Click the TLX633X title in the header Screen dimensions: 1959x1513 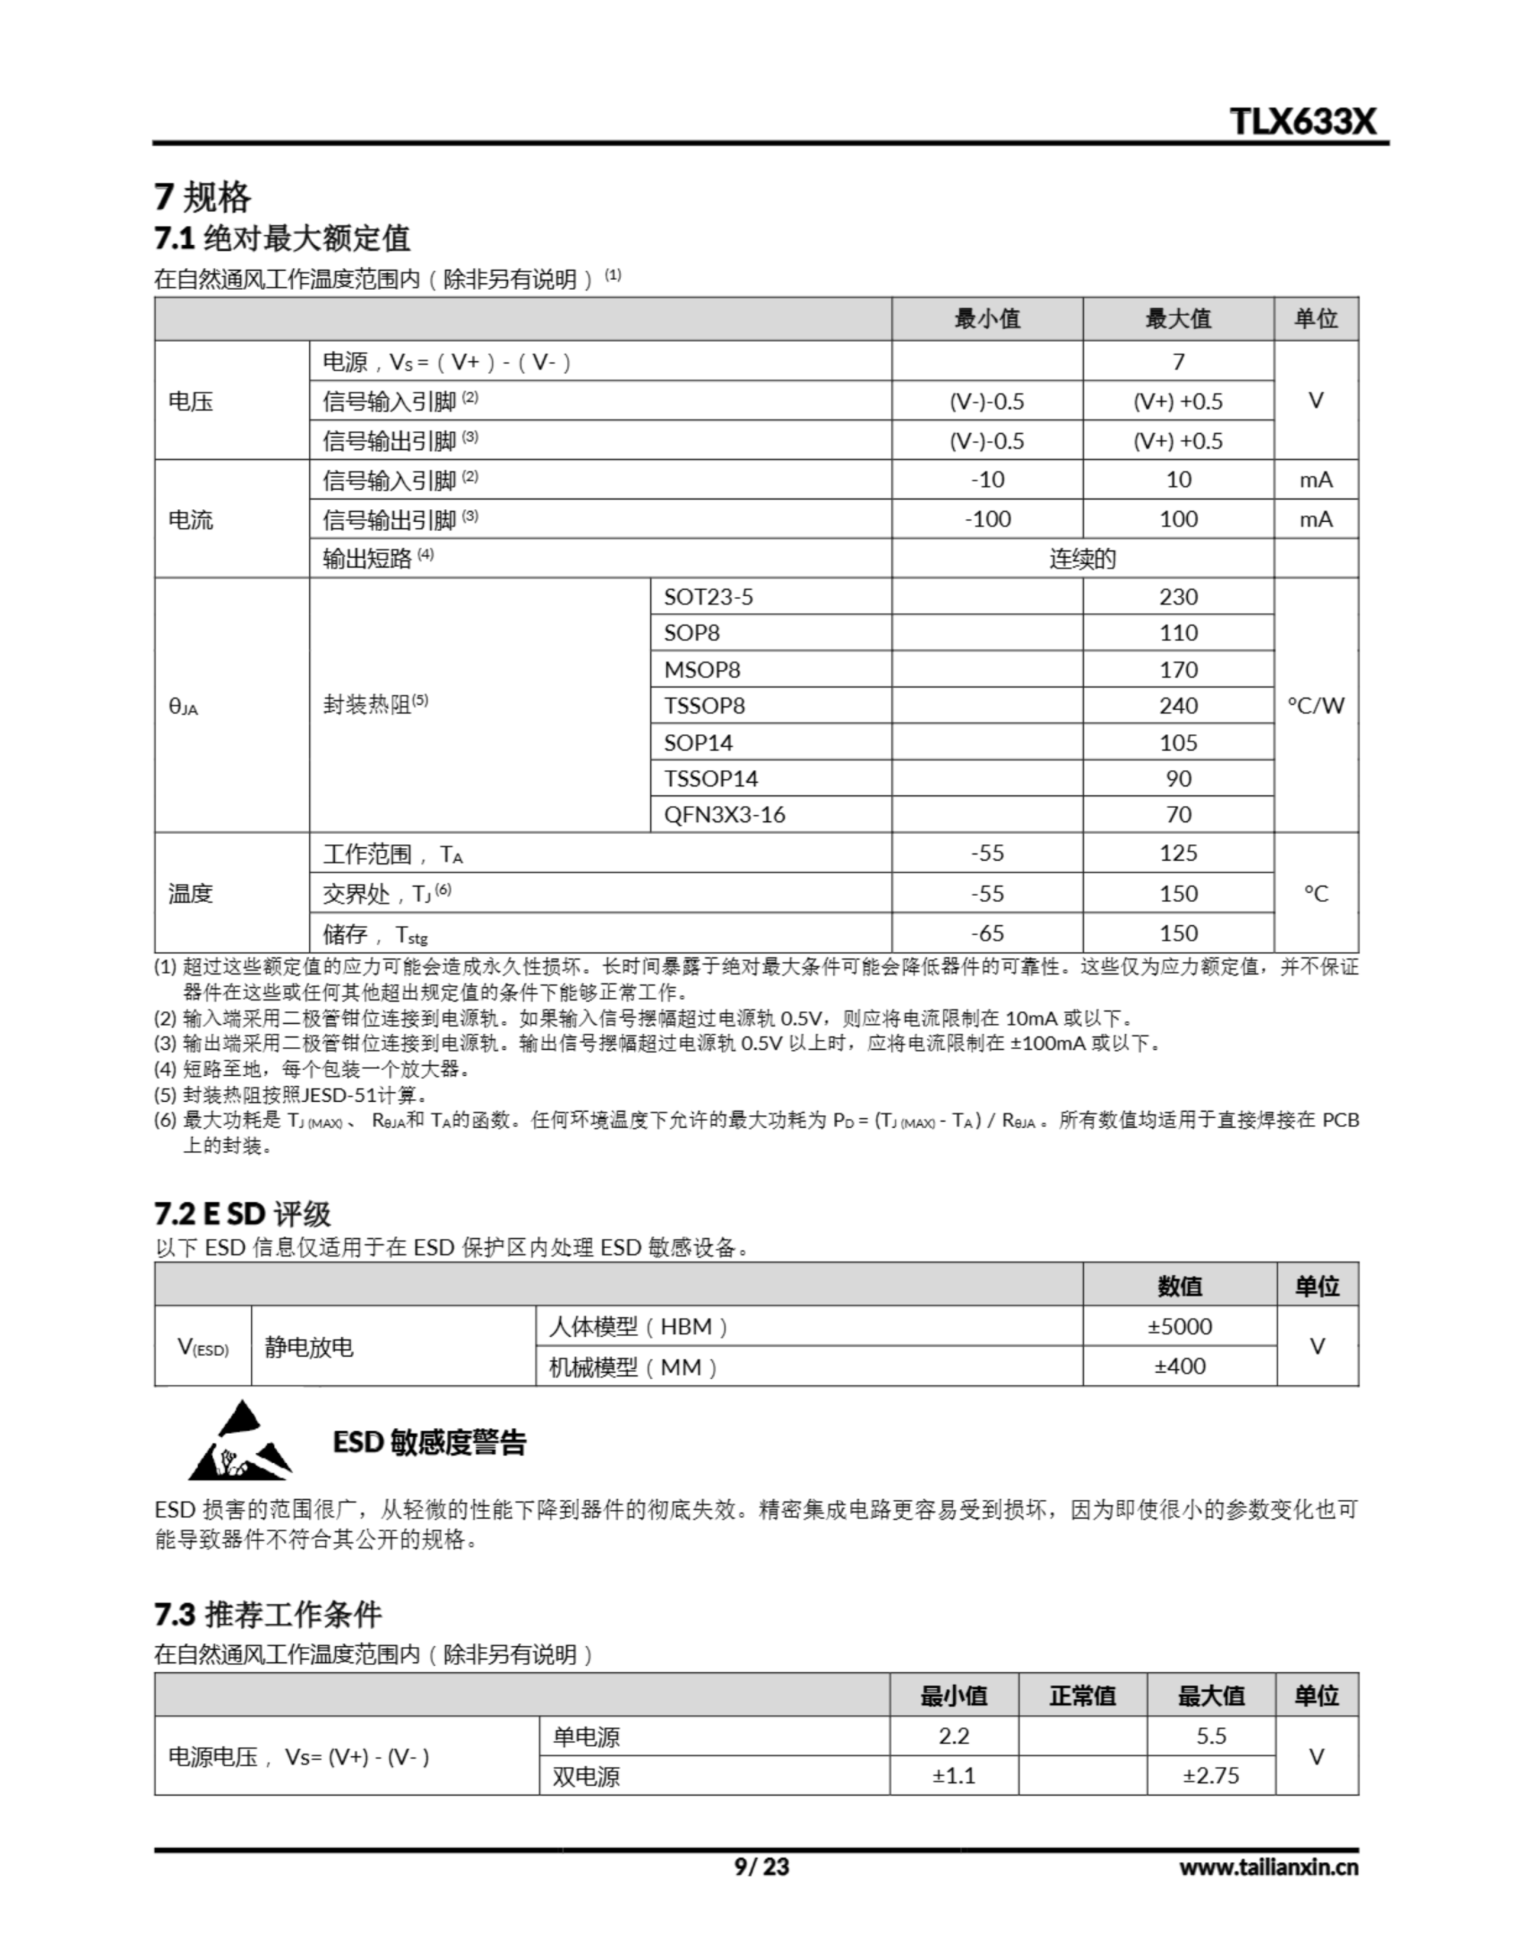[1301, 121]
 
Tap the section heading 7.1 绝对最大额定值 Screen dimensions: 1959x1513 [281, 239]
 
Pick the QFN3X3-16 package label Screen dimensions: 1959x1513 [724, 814]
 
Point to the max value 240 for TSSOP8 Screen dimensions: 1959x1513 [1177, 706]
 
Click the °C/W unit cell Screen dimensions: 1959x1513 [1316, 706]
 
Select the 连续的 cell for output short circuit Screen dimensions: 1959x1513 [1082, 559]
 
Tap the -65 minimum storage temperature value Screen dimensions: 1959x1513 [987, 933]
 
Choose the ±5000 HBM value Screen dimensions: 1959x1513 [1179, 1327]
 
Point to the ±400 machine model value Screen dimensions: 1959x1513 [1179, 1366]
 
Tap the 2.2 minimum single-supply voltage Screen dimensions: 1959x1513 [953, 1736]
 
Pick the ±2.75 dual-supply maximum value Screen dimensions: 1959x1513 [1210, 1776]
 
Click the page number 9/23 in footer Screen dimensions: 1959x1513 [761, 1867]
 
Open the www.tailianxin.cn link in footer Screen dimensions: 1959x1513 [1268, 1867]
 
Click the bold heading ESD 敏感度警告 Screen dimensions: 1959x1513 [430, 1442]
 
